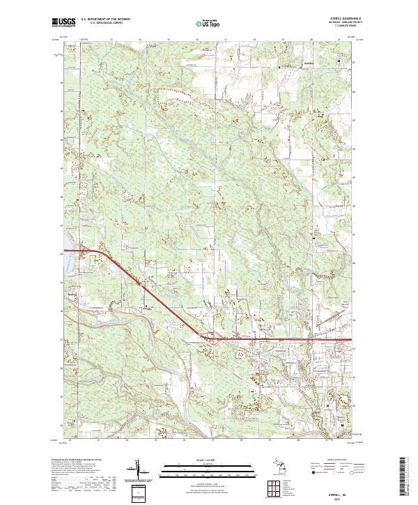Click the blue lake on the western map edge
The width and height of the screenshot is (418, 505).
pyautogui.click(x=68, y=247)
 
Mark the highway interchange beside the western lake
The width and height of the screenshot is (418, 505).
pyautogui.click(x=84, y=249)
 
